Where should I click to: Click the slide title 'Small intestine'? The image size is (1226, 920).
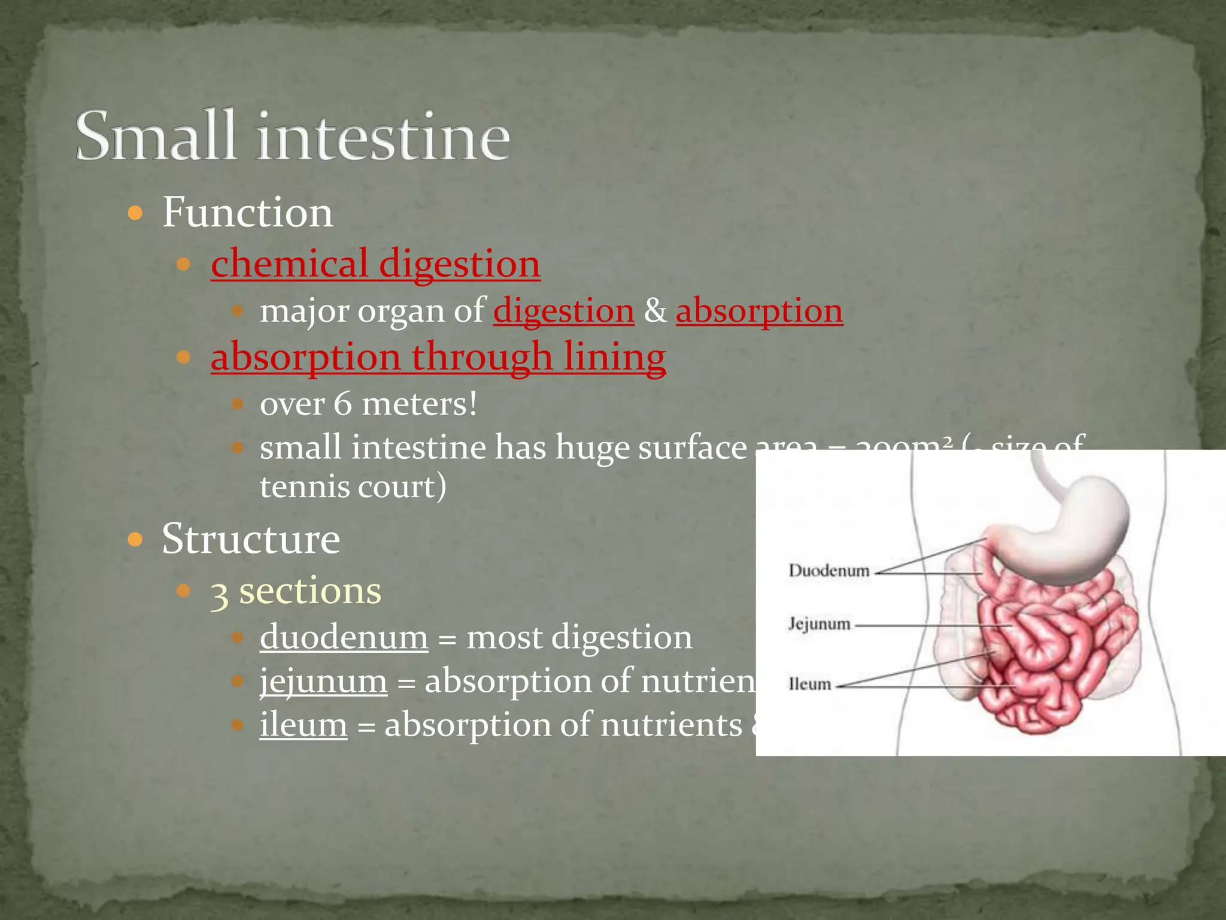(x=293, y=137)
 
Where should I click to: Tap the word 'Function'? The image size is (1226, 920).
(x=247, y=213)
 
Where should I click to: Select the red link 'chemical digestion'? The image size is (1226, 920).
(x=375, y=264)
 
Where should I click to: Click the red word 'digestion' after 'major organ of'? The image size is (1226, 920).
(x=563, y=311)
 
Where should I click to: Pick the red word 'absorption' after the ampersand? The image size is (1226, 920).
(x=759, y=311)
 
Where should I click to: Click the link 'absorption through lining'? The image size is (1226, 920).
(x=438, y=358)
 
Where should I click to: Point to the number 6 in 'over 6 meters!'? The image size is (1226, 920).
(x=342, y=404)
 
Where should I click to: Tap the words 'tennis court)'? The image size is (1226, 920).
(x=353, y=486)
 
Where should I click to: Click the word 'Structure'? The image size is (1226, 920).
(x=251, y=539)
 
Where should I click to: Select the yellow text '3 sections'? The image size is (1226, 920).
(x=296, y=592)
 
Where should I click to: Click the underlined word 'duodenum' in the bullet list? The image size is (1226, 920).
(x=344, y=637)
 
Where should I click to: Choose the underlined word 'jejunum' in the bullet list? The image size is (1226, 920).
(x=323, y=682)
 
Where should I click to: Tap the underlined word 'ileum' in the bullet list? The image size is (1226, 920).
(x=303, y=725)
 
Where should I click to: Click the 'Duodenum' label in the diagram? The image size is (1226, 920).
(x=829, y=570)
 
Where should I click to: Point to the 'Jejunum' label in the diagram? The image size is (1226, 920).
(x=819, y=624)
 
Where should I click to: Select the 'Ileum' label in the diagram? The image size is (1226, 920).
(x=809, y=684)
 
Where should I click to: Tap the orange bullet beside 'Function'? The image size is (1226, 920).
(x=136, y=213)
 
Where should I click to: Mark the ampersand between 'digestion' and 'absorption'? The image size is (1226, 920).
(x=655, y=311)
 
